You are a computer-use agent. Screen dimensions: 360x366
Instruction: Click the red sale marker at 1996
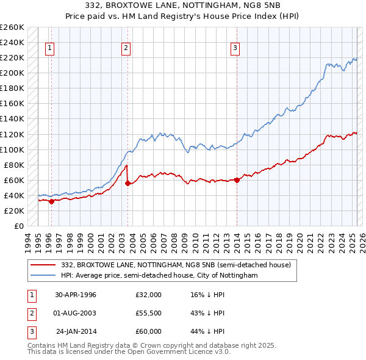point(51,201)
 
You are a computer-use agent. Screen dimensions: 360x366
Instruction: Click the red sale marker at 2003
point(127,183)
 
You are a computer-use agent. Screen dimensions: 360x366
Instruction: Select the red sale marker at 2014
point(237,179)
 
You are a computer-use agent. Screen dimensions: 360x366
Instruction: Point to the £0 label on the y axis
point(18,226)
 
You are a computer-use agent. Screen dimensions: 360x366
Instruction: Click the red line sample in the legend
point(43,265)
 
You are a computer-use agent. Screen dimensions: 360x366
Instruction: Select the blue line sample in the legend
point(43,276)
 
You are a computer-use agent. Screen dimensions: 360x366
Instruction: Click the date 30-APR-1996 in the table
point(76,295)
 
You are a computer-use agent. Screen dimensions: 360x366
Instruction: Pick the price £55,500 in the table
point(148,313)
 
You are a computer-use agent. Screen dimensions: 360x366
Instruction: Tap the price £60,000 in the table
point(148,331)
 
